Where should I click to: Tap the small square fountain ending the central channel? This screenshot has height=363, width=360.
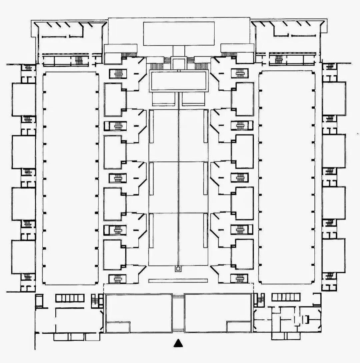tap(179, 268)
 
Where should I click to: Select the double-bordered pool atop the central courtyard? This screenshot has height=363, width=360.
tap(179, 81)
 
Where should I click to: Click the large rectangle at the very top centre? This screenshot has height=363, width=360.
tap(179, 33)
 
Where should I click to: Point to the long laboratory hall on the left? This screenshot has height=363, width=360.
tap(71, 177)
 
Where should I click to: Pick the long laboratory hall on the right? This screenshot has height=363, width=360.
tap(287, 177)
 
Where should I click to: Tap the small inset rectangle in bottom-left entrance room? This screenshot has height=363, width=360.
tap(118, 327)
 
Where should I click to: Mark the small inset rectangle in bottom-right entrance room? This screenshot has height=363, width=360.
tap(239, 327)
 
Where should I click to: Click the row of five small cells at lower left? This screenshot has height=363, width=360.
tap(70, 298)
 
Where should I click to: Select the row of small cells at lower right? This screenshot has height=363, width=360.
tap(286, 297)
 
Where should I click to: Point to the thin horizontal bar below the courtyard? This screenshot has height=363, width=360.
tap(178, 281)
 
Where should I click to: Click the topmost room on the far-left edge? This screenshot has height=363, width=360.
tap(24, 99)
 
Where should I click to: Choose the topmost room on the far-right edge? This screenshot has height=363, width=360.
tap(334, 99)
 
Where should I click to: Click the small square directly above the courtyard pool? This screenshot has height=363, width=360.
tap(179, 63)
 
